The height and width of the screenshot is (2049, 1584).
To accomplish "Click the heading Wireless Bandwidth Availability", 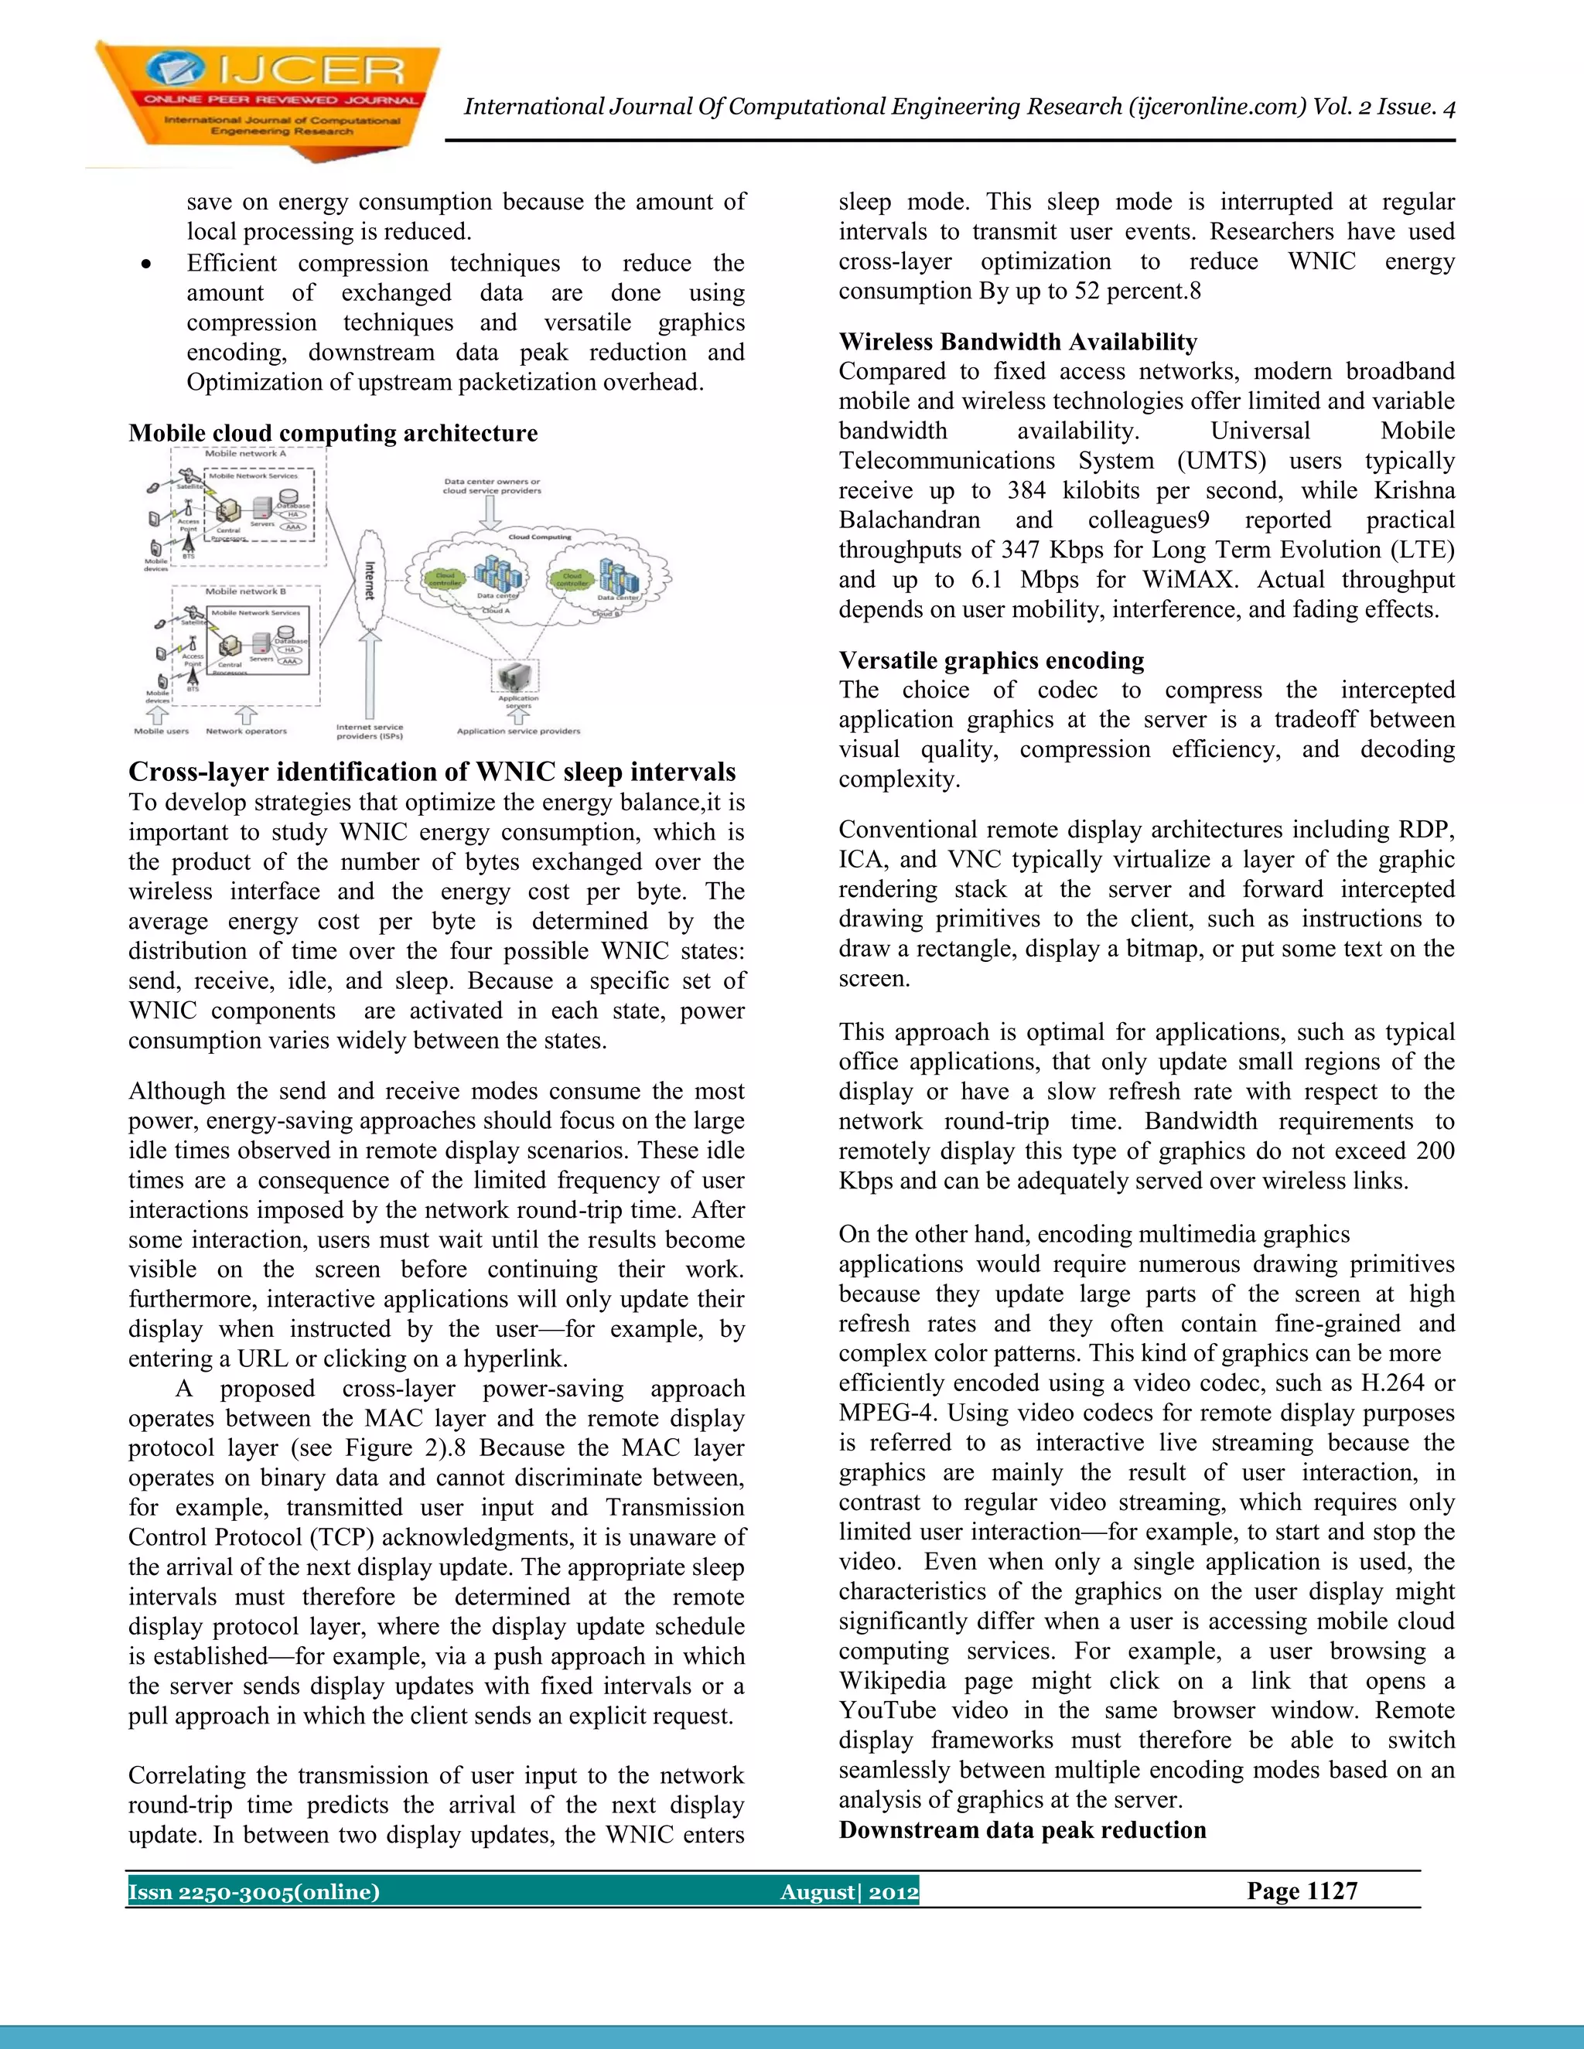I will coord(1017,342).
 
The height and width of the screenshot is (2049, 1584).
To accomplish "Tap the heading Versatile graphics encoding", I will coord(991,660).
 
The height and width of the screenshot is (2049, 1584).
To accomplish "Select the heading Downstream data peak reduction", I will coord(1022,1830).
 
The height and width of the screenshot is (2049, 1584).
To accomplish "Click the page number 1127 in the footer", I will coord(1302,1890).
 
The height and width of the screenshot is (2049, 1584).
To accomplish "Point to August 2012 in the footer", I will coord(848,1891).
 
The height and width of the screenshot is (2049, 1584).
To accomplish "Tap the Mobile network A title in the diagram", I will coord(245,453).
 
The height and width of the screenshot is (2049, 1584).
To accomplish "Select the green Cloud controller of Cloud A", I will coord(445,579).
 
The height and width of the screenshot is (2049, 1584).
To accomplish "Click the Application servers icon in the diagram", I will coord(516,676).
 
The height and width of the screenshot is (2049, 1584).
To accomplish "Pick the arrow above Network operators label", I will coord(246,715).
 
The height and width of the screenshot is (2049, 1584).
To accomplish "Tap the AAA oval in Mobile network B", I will coord(290,661).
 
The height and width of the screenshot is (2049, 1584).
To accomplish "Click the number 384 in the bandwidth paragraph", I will coord(1026,491).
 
